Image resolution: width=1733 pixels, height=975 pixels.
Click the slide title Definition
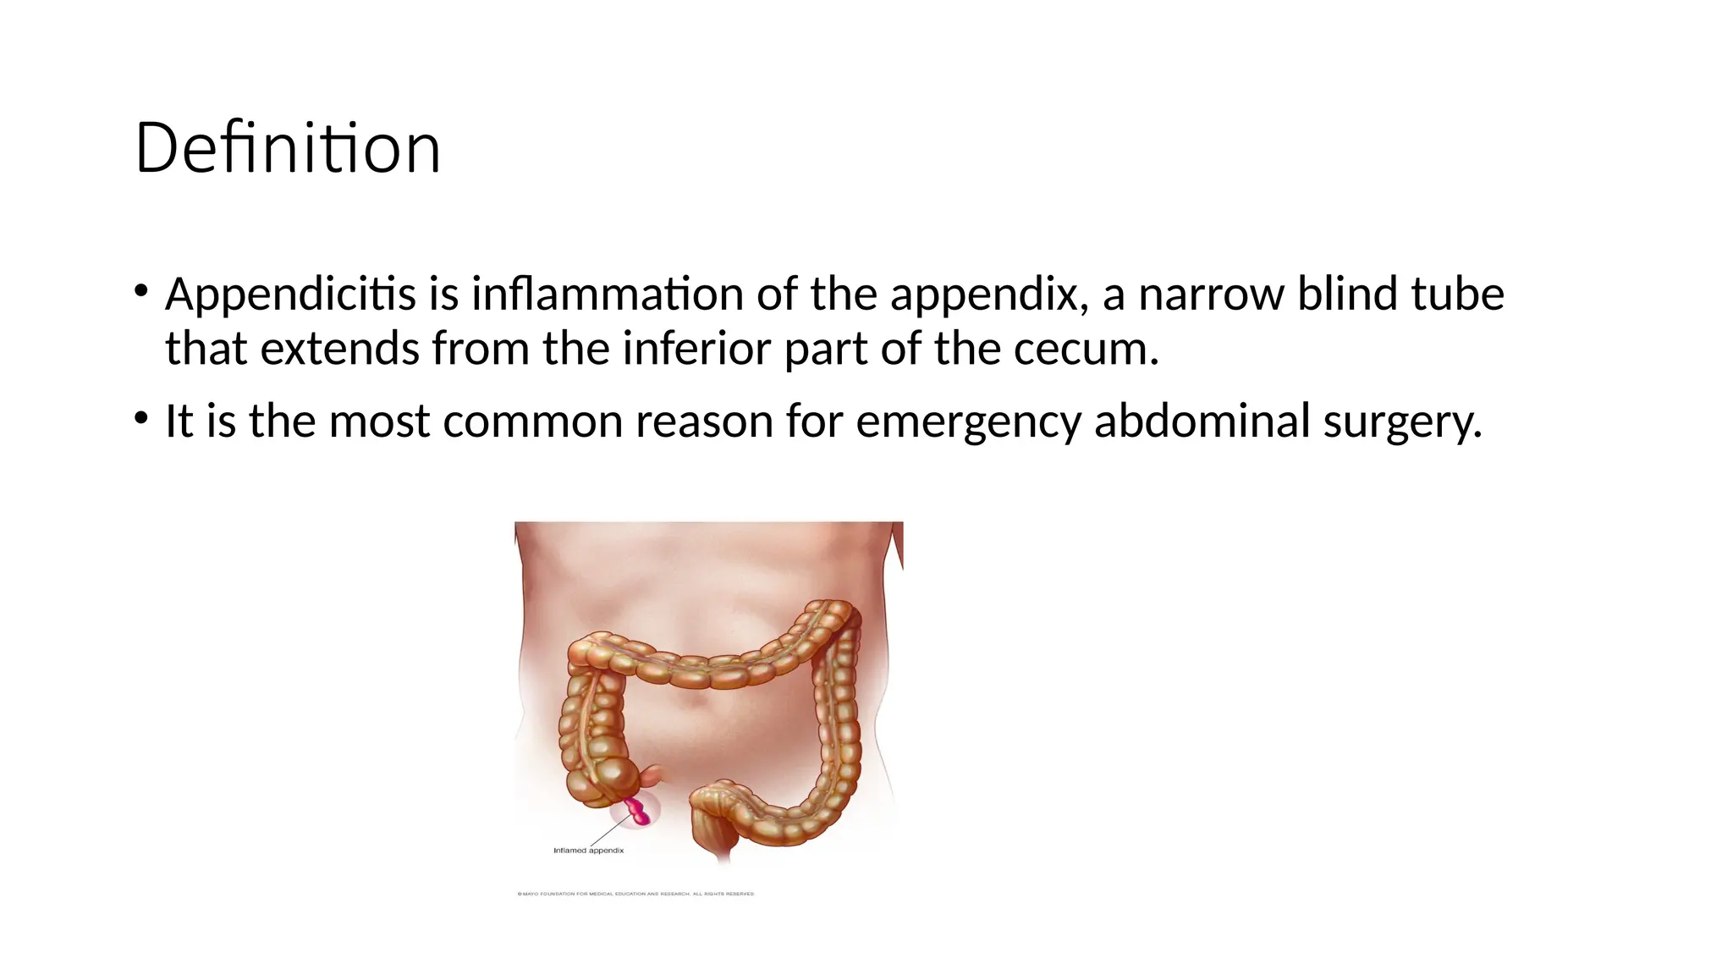(288, 148)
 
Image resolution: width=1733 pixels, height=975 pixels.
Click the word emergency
(968, 421)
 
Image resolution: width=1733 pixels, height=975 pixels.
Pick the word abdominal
(1202, 421)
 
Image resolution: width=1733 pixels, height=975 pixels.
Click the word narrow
(1211, 295)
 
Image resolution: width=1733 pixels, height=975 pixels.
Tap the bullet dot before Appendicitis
(141, 292)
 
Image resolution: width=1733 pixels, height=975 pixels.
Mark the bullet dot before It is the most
(141, 418)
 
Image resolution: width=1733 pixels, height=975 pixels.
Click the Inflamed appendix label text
(588, 850)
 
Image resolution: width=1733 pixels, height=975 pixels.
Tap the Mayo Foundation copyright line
(635, 894)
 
